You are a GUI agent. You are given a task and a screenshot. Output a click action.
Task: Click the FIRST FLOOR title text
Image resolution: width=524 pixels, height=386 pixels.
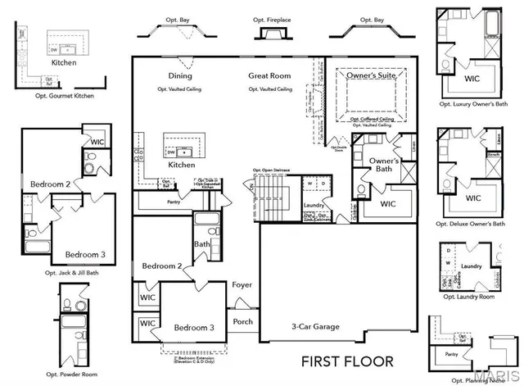coord(348,361)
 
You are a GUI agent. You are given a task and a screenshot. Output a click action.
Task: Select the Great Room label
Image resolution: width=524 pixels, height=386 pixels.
coord(270,76)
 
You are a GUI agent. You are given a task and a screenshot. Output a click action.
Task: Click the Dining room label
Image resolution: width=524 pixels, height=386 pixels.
coord(180,76)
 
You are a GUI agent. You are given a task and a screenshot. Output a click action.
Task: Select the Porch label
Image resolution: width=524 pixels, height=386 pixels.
coord(243,321)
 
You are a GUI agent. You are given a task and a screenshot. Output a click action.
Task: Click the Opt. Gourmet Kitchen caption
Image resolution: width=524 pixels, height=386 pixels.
coord(61,96)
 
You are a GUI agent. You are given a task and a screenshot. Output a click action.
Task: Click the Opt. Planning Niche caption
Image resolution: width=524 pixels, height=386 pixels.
coord(471,379)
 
